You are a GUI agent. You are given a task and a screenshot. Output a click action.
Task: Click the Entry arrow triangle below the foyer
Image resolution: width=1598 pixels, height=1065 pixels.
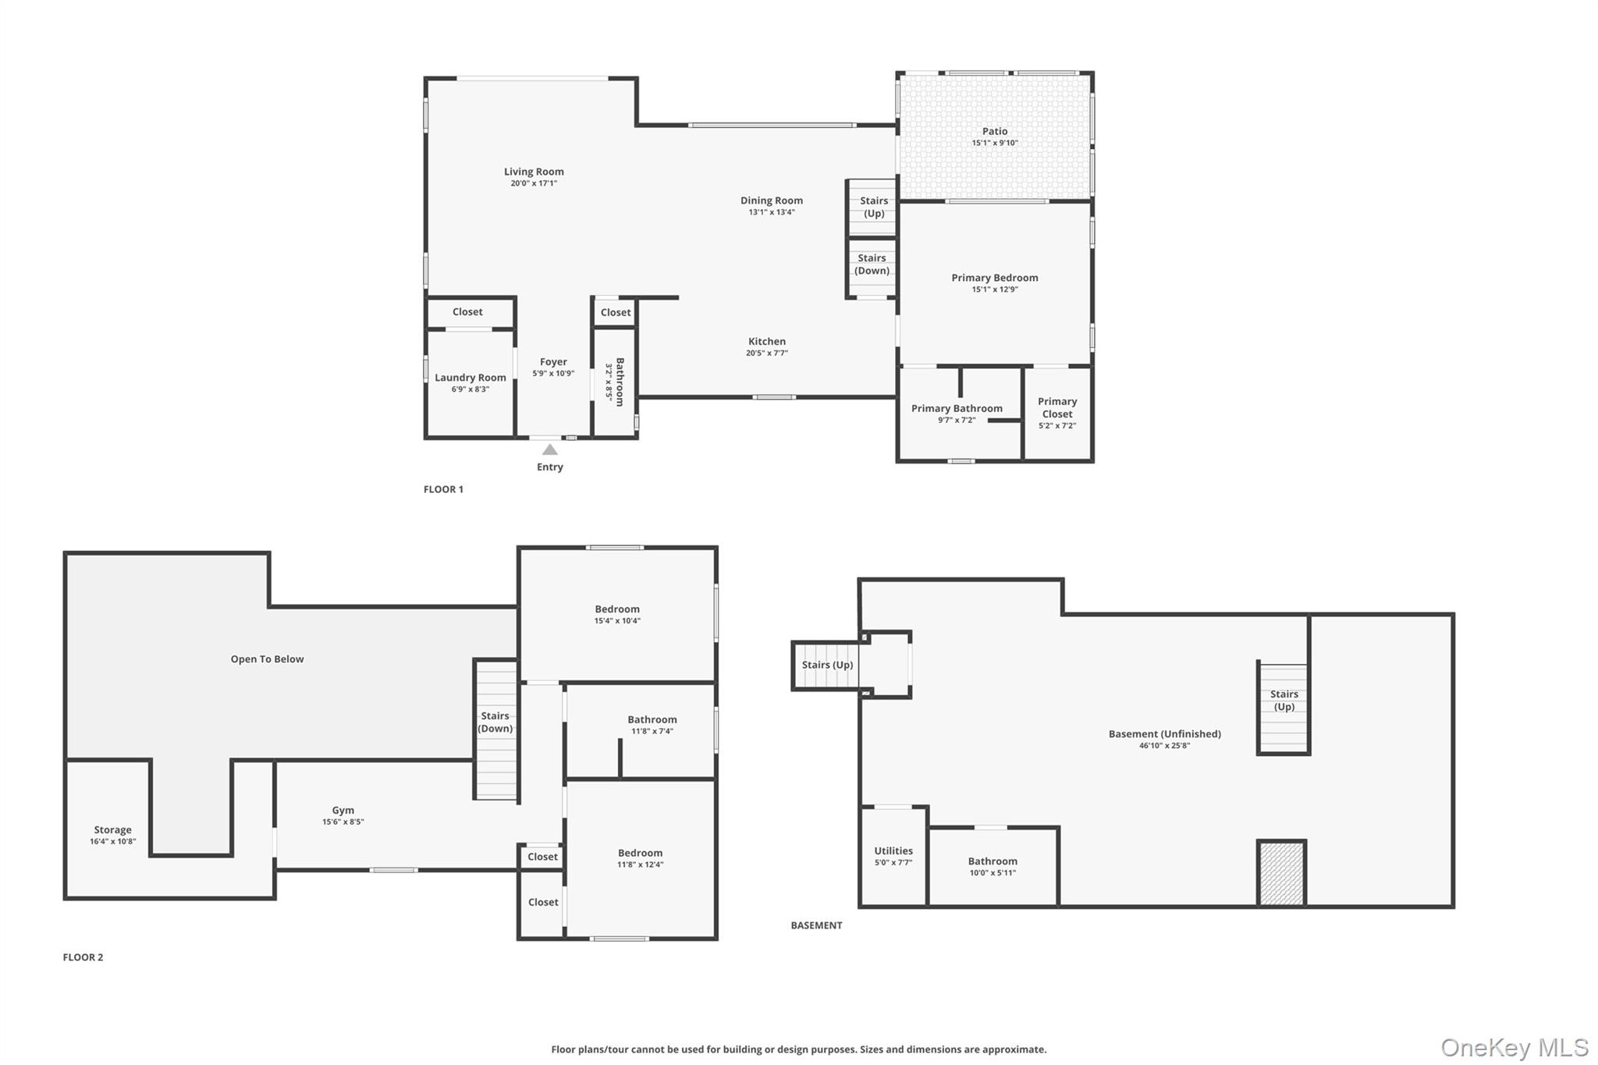click(x=550, y=449)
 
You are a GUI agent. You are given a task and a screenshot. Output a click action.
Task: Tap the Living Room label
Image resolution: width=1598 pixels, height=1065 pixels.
click(x=534, y=172)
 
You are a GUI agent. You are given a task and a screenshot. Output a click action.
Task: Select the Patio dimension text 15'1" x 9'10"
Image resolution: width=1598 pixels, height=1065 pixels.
click(x=995, y=144)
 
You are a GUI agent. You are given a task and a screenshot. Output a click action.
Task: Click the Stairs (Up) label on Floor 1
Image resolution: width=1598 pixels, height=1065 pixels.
click(x=874, y=207)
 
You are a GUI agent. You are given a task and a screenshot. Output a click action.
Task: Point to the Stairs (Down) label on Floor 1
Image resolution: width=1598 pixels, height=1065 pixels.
click(x=872, y=264)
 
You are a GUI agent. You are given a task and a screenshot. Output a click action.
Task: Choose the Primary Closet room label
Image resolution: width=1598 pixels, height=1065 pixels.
click(x=1057, y=407)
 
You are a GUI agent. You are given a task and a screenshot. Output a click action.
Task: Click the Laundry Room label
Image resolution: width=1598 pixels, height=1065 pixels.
click(x=471, y=378)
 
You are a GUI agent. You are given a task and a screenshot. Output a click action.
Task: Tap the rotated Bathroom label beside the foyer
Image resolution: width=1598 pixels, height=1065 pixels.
click(x=620, y=382)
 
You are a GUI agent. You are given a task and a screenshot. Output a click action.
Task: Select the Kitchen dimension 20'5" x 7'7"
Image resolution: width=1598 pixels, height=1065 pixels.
click(x=767, y=353)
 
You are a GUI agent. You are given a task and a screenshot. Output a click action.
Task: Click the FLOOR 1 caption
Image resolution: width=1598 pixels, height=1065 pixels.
click(x=443, y=489)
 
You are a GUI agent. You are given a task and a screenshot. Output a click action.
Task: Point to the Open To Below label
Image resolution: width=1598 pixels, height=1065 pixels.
click(x=267, y=659)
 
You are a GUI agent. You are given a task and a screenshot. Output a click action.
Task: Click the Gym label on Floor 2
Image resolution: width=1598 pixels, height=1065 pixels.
click(x=343, y=811)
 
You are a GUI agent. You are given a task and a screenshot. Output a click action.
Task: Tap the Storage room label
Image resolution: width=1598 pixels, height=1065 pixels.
click(x=113, y=830)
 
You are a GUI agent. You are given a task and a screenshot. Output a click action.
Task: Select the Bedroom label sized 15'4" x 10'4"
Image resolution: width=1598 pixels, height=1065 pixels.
click(x=617, y=609)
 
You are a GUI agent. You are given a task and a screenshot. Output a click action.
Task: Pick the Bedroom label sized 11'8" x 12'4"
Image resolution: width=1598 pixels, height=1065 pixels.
click(x=640, y=854)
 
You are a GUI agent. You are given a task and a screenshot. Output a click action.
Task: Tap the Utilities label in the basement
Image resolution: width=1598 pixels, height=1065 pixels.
click(x=893, y=851)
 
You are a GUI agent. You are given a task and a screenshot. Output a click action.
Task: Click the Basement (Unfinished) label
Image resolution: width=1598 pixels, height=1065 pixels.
click(x=1165, y=734)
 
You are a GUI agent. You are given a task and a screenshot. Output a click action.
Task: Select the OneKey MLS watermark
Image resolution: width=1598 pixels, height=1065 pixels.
click(x=1514, y=1048)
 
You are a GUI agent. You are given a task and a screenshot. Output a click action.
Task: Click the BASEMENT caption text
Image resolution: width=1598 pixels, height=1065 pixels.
click(x=816, y=925)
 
